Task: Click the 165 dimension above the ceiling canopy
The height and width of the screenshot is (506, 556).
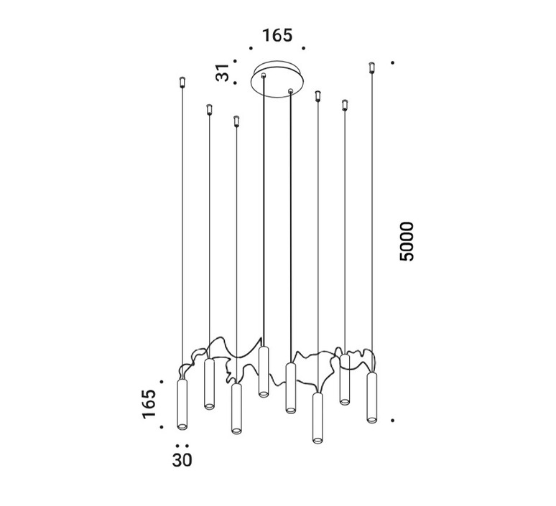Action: coord(277,35)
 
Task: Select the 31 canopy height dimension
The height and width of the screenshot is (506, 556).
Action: coord(223,73)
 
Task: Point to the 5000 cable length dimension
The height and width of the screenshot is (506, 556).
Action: coord(407,242)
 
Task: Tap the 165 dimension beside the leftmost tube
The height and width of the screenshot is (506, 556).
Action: coord(149,404)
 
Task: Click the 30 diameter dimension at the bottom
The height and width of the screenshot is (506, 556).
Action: coord(182,460)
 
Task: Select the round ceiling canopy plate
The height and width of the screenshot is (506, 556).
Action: coord(277,79)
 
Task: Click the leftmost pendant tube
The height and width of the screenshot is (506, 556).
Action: coord(182,405)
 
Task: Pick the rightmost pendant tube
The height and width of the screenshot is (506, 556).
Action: coord(372,397)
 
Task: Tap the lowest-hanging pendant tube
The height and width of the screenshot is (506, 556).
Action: coord(318,418)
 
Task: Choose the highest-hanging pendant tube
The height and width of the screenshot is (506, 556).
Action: coord(263,372)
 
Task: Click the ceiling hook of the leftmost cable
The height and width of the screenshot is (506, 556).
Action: coord(182,83)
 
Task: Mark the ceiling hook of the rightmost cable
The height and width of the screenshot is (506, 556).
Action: coord(371,67)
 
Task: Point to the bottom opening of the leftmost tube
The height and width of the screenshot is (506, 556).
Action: coord(182,426)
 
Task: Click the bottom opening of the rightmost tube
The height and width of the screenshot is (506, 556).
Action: coord(372,420)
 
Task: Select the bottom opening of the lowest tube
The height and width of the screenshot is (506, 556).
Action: coord(318,440)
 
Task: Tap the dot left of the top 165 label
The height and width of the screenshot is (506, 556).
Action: coord(251,48)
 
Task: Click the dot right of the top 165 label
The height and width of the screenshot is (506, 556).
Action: coord(304,48)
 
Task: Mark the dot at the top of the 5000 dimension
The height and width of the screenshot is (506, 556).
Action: coord(392,62)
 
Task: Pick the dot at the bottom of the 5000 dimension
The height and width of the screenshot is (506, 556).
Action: coord(392,421)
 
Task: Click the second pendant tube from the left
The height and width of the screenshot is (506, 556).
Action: coord(209,385)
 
